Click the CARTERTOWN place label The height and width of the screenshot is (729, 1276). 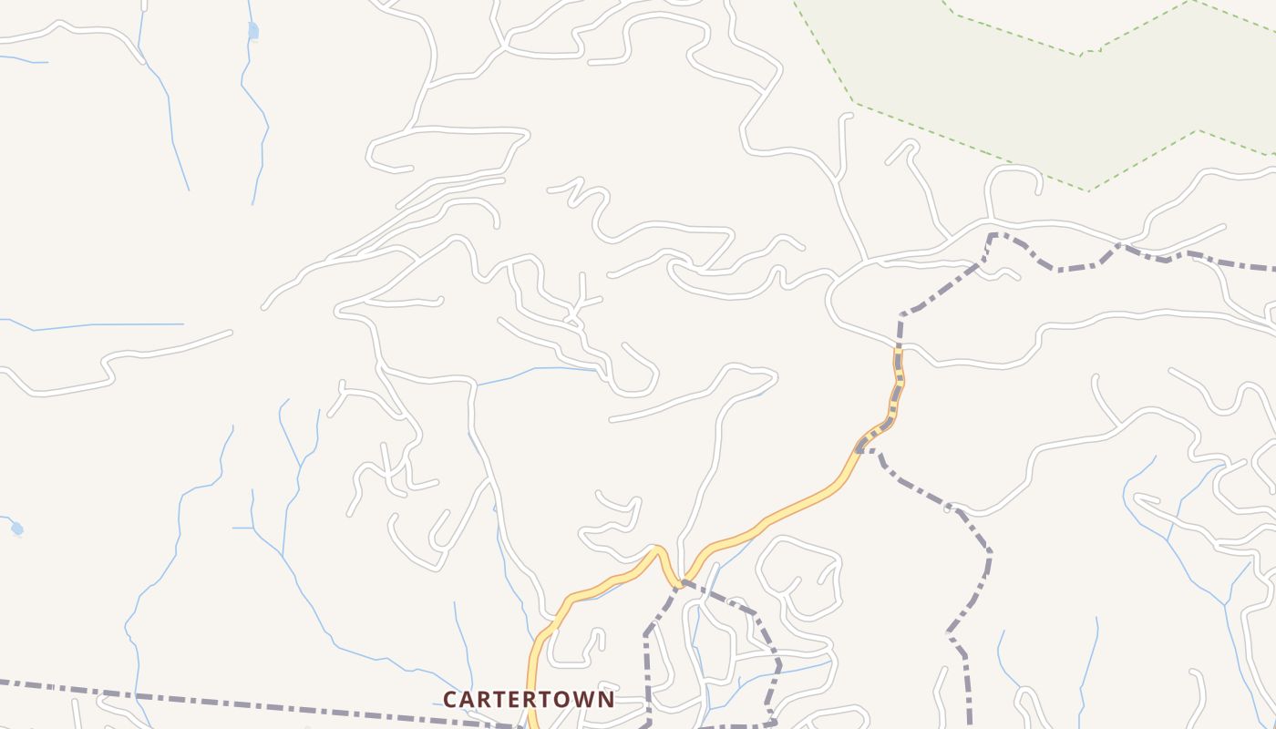click(x=529, y=699)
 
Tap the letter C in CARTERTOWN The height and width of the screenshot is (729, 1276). click(x=450, y=699)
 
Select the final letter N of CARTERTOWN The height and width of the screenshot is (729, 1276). click(x=605, y=699)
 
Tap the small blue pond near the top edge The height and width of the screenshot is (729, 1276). click(x=253, y=32)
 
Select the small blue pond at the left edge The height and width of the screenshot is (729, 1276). click(x=16, y=529)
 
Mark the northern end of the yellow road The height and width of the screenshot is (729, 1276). click(x=898, y=348)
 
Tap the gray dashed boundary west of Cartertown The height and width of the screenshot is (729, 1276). click(x=228, y=702)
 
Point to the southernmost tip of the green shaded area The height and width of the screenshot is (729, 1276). click(x=1087, y=190)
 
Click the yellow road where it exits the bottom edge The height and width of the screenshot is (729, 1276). click(x=532, y=724)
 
